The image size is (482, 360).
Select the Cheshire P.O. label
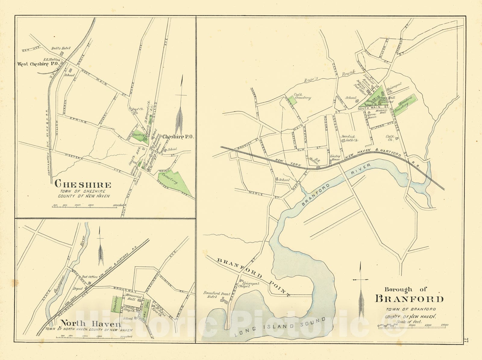(178, 137)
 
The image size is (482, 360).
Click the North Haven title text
(90, 324)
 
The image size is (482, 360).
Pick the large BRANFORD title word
(409, 299)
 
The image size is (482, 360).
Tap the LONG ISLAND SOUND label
(280, 327)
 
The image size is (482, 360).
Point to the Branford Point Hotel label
(217, 295)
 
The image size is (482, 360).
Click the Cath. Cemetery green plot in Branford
(291, 100)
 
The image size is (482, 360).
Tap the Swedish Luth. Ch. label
(349, 138)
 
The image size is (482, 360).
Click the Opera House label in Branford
(371, 116)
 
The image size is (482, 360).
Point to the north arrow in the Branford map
(361, 289)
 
